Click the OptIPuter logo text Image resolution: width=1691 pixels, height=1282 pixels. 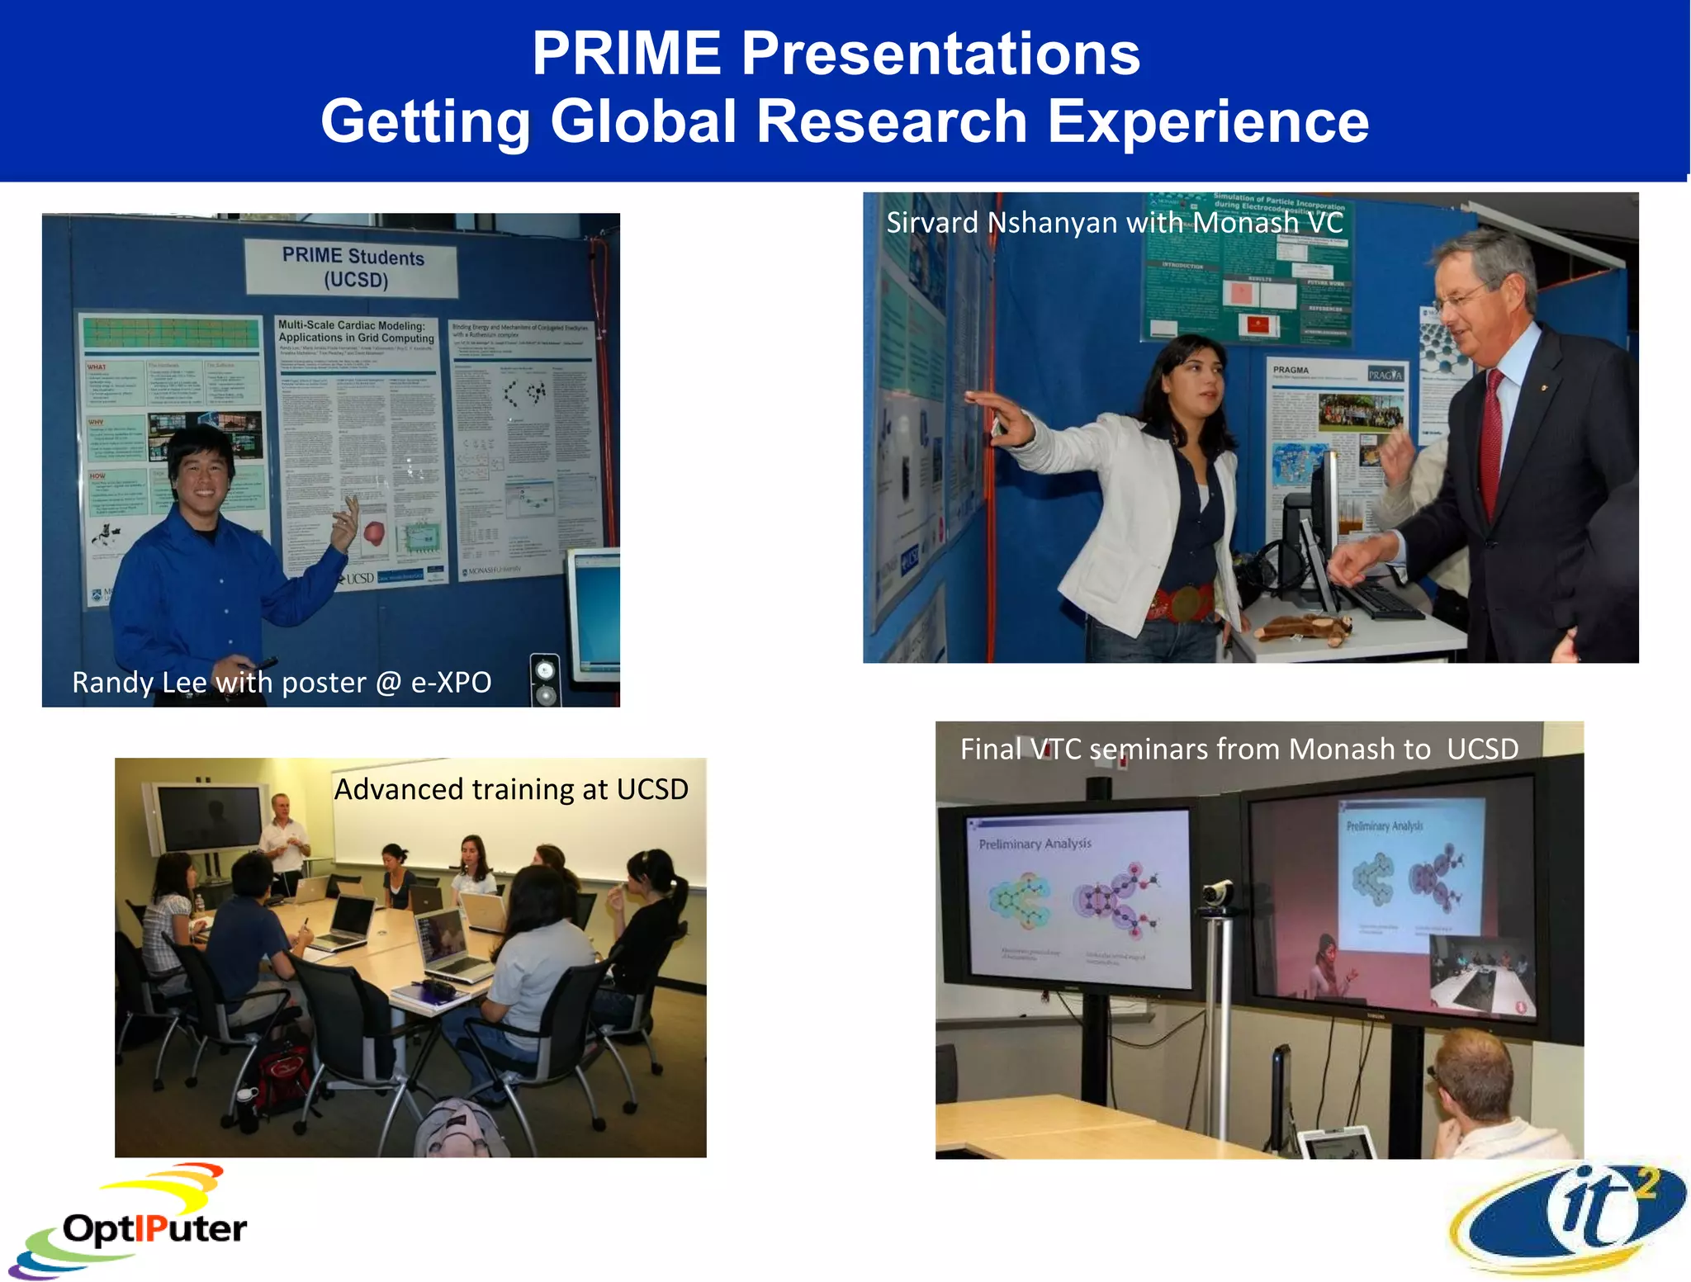pos(154,1228)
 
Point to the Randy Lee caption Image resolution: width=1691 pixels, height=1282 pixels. pos(282,683)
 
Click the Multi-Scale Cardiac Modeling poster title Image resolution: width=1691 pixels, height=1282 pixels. pos(356,331)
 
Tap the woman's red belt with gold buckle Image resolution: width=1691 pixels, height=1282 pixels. pos(1182,602)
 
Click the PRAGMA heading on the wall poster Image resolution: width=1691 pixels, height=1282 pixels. pos(1291,370)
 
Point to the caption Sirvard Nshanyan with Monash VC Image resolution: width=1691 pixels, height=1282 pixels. pos(1114,222)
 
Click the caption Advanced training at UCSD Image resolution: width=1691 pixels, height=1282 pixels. pos(510,789)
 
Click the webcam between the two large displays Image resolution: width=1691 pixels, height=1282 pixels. pos(1217,895)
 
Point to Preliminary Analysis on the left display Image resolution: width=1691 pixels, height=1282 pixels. pos(1035,844)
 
